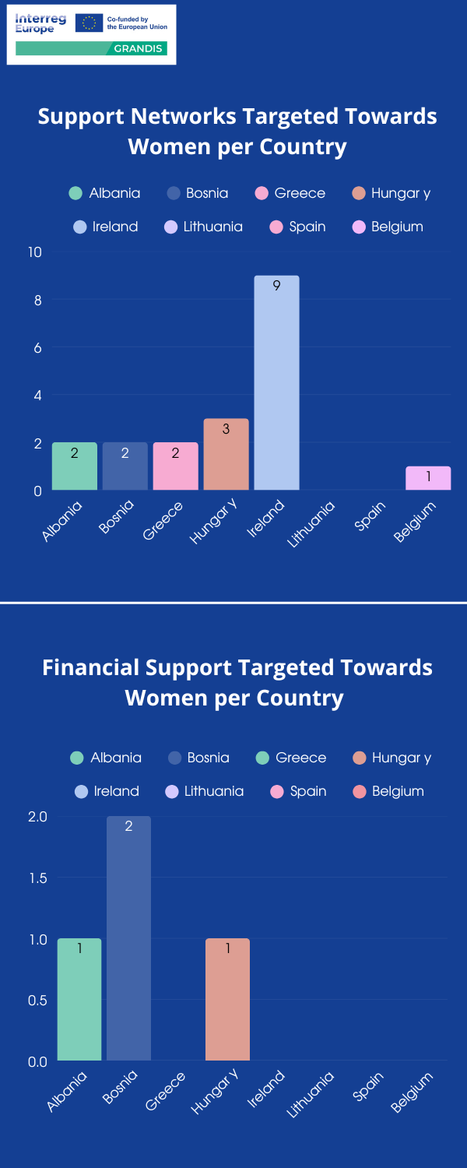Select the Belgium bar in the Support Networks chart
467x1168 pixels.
428,478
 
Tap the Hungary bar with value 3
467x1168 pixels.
226,455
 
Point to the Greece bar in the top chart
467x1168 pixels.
175,466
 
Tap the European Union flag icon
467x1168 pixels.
89,23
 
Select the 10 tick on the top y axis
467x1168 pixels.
35,252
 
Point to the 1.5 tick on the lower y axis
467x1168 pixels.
37,878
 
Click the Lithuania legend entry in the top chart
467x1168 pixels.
204,227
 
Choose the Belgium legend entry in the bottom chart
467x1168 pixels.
388,791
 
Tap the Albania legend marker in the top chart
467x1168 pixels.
75,193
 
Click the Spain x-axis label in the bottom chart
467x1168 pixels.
369,1085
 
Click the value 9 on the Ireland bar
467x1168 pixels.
276,286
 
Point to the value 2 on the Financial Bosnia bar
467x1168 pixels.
128,826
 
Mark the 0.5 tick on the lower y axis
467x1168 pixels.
37,1000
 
